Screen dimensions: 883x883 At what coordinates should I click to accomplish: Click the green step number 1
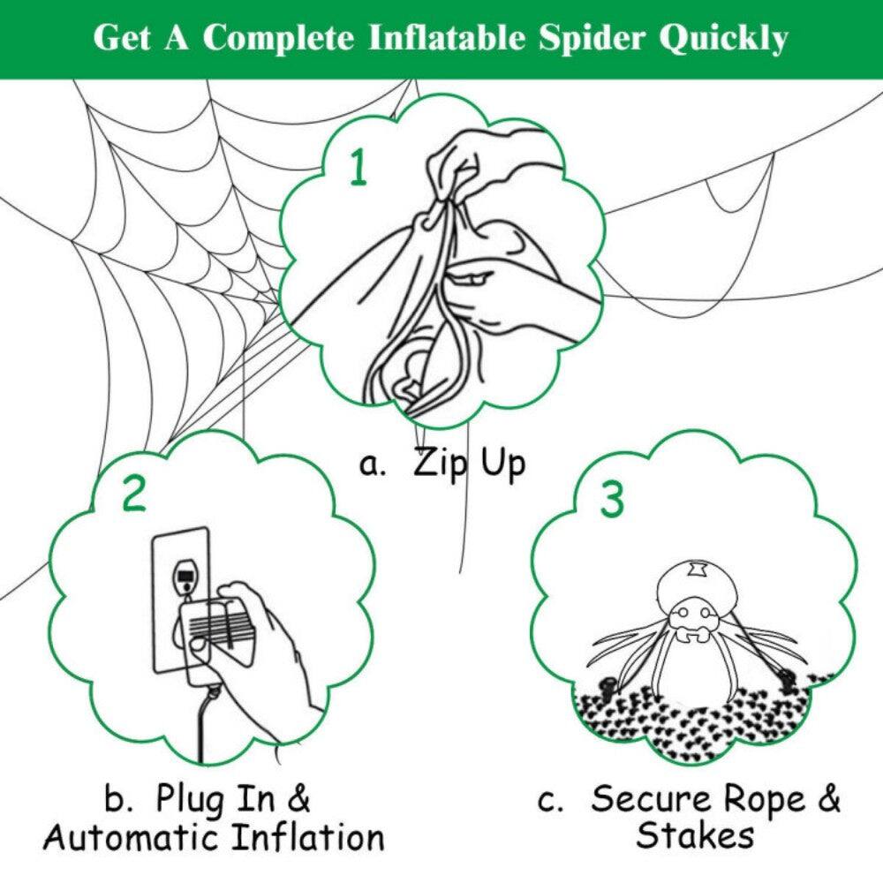[357, 169]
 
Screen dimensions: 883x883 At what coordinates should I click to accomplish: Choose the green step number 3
[612, 500]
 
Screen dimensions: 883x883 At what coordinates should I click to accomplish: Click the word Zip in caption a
[442, 464]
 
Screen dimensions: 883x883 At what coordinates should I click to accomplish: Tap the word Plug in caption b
[190, 799]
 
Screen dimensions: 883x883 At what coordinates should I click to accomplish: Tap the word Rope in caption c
[764, 799]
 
